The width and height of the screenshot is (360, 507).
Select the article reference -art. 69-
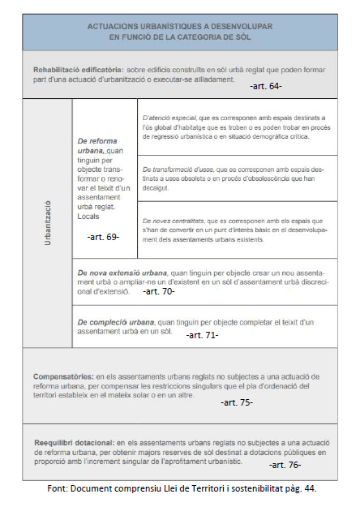click(x=103, y=237)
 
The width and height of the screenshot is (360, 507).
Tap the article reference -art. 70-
click(x=158, y=290)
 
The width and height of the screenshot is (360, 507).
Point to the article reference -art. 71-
click(x=202, y=334)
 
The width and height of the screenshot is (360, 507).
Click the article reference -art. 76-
click(x=285, y=465)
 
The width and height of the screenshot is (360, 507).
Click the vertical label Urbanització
click(x=48, y=223)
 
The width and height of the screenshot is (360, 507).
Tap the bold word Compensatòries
click(x=62, y=376)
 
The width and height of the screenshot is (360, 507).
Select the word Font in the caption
click(x=58, y=490)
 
